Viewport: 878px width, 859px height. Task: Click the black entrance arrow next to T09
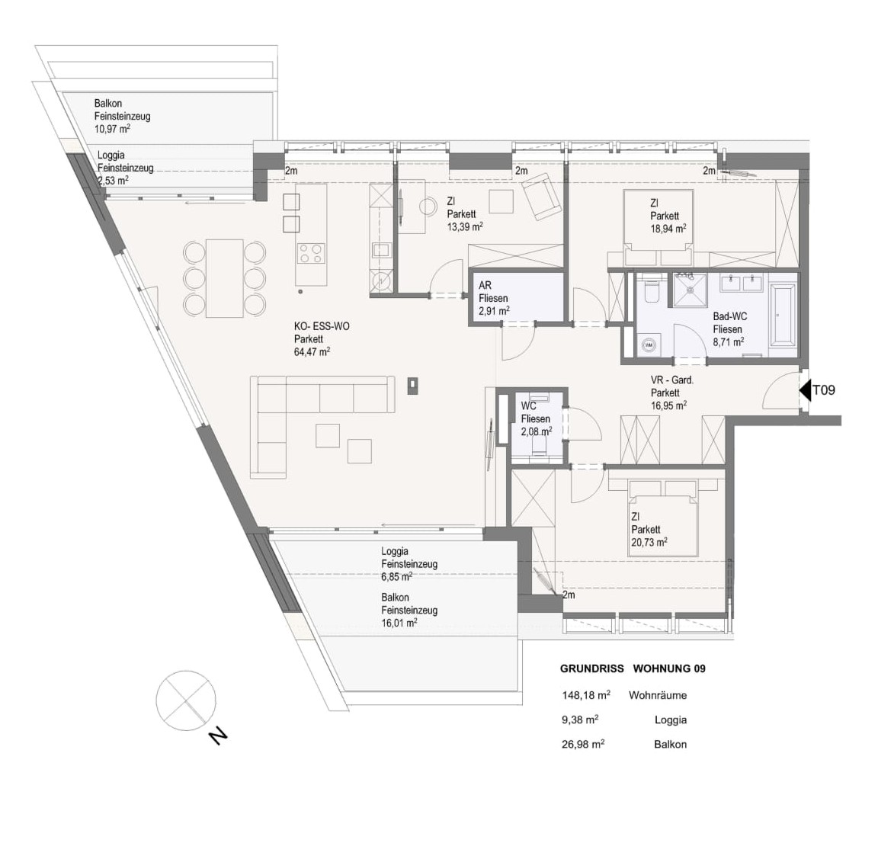click(805, 391)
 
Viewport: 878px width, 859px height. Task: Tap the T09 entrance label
click(824, 389)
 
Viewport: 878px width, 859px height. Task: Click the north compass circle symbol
click(186, 700)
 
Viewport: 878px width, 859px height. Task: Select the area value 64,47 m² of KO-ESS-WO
click(312, 351)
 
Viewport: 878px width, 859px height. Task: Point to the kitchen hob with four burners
click(311, 252)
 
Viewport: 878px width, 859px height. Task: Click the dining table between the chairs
click(225, 278)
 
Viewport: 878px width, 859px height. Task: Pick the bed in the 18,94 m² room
click(658, 227)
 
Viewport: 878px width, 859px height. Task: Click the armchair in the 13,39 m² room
click(541, 196)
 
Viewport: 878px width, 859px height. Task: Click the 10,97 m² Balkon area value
click(113, 129)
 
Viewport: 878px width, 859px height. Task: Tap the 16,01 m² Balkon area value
click(399, 623)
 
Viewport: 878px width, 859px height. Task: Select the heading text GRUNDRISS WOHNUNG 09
click(633, 668)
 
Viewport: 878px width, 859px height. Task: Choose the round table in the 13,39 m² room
click(428, 206)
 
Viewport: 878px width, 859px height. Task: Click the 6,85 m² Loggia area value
click(397, 577)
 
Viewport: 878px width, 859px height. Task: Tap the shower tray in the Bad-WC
click(689, 290)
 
